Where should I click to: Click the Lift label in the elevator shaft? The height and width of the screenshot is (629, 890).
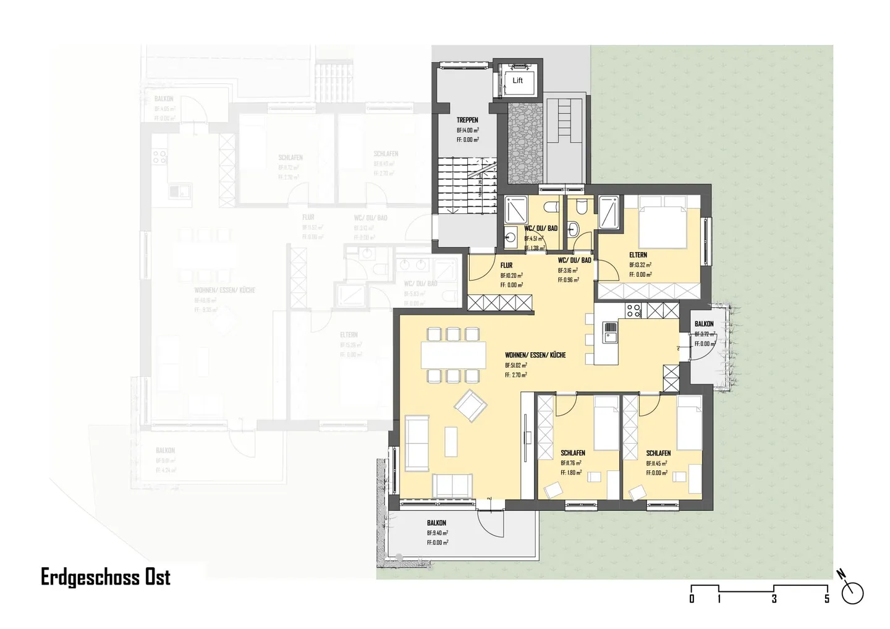click(x=517, y=80)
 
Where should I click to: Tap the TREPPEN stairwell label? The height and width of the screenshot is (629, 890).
click(x=467, y=120)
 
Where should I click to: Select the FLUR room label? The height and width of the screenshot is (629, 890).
click(x=506, y=265)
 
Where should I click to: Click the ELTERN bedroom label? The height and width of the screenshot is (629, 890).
click(x=638, y=255)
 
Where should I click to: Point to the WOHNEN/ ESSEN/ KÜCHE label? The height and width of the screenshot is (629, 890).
click(x=535, y=355)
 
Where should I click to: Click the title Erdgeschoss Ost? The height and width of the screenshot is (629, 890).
click(x=105, y=577)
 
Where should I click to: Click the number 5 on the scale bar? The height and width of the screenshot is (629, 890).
click(x=827, y=599)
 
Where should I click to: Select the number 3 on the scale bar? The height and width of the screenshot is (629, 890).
click(x=774, y=599)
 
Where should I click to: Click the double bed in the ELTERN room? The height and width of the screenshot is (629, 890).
click(x=663, y=221)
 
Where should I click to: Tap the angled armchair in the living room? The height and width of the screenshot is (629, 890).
click(x=470, y=406)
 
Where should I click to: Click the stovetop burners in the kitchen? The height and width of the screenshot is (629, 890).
click(x=634, y=310)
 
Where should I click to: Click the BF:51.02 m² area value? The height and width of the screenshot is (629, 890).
click(x=515, y=365)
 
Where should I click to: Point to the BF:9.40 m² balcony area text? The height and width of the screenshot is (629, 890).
click(x=437, y=533)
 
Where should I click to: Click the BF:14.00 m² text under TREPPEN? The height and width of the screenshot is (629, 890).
click(x=467, y=130)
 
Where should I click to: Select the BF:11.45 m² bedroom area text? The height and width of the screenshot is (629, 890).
click(x=656, y=463)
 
